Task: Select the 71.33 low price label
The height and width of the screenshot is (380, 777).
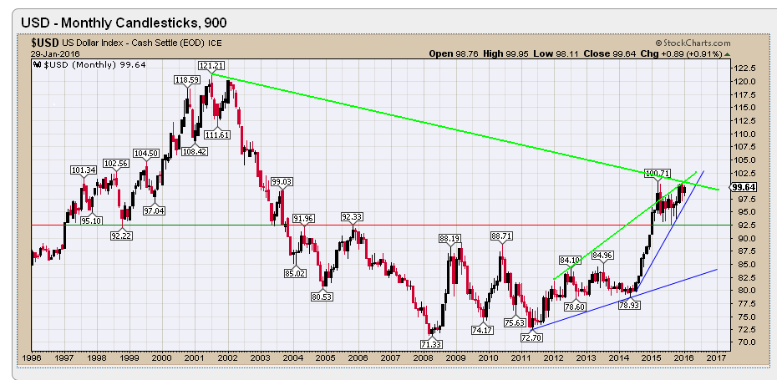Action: (431, 344)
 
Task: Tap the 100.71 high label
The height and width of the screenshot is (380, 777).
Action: (658, 173)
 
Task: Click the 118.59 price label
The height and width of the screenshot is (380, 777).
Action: (186, 79)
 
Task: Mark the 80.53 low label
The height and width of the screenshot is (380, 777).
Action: (322, 296)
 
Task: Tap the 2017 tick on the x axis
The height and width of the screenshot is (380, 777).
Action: (715, 357)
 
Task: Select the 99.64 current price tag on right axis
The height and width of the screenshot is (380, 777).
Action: (744, 187)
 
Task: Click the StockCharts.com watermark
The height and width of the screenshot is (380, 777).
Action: (693, 43)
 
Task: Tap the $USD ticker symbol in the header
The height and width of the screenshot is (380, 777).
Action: (44, 43)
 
